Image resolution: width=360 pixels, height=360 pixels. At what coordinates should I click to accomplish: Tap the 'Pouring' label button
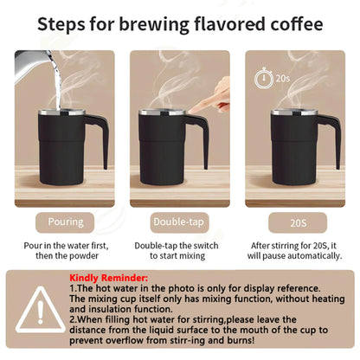point(65,222)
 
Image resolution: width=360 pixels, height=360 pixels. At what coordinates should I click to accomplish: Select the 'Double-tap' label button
point(179,222)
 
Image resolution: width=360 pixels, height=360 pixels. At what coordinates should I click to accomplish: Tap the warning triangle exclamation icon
point(35,312)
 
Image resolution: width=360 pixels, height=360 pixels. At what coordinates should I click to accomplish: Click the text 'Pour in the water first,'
point(65,245)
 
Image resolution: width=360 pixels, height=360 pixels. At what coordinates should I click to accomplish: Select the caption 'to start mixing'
point(179,256)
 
